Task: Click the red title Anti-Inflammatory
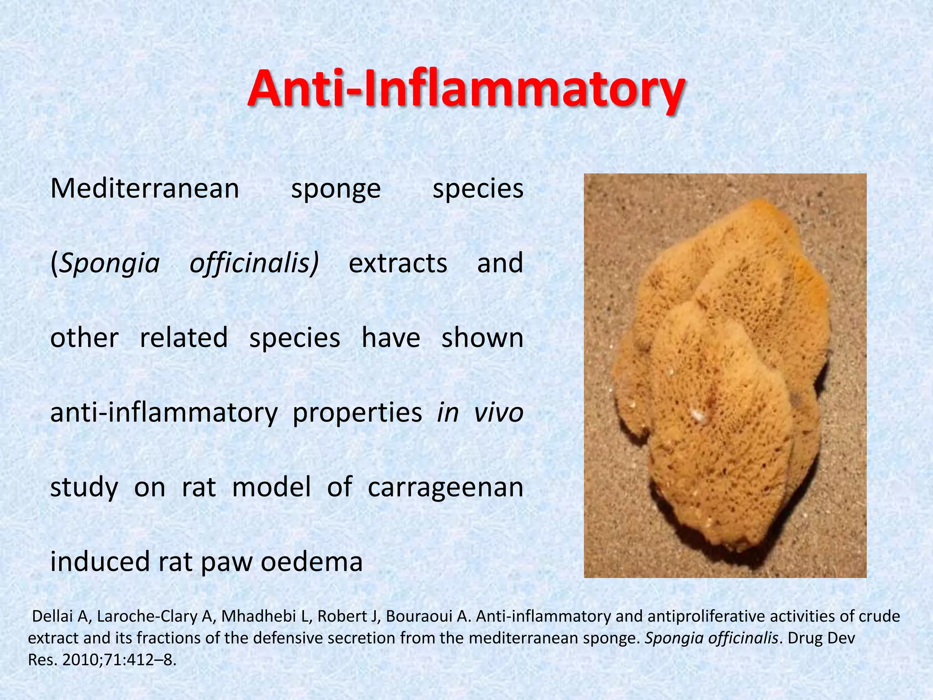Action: pos(466,89)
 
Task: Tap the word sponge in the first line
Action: pos(336,190)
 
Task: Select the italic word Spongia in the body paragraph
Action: pos(109,264)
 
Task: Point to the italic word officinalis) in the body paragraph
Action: pos(254,264)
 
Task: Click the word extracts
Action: pos(398,264)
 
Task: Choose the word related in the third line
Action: pos(184,338)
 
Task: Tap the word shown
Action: pos(482,338)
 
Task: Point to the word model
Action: pos(272,487)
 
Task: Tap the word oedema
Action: pos(312,561)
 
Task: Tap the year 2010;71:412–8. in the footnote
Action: pos(119,659)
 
